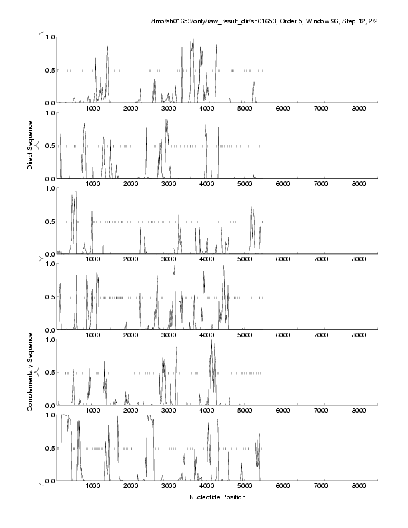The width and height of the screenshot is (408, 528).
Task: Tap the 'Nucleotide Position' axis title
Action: [x=217, y=497]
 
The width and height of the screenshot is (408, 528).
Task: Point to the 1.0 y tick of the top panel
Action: [x=49, y=37]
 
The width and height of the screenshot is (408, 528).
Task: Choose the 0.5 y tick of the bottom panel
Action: [x=49, y=448]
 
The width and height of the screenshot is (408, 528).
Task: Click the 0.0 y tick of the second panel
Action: [x=49, y=179]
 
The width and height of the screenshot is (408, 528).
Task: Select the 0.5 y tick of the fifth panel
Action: [x=49, y=373]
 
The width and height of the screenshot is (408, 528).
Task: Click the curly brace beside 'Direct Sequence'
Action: [x=41, y=144]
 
